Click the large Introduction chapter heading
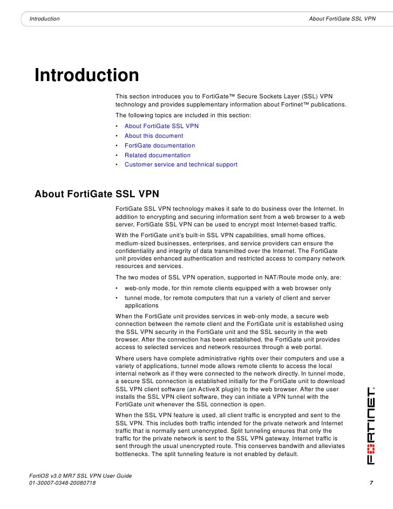click(x=87, y=75)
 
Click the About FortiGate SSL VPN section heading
click(x=97, y=194)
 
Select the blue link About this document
click(x=154, y=136)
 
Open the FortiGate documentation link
click(x=160, y=145)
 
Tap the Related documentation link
click(x=158, y=155)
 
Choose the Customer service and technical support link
click(x=181, y=164)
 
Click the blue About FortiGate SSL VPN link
click(x=161, y=126)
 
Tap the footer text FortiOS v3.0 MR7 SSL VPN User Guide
click(x=80, y=474)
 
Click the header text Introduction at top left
click(x=44, y=19)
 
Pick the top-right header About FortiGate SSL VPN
click(x=342, y=19)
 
